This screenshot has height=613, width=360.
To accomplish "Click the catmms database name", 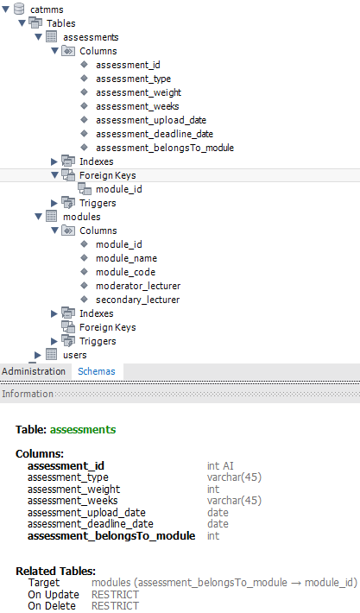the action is tap(47, 9).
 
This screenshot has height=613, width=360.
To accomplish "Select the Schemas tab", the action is tap(97, 371).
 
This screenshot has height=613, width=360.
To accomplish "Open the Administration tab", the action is tap(34, 371).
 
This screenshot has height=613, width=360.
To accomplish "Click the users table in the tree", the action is tap(74, 355).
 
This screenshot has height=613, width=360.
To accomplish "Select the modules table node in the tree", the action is tap(82, 217).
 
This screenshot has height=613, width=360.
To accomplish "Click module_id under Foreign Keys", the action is tap(119, 189).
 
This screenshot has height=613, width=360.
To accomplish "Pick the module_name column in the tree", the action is tap(126, 258).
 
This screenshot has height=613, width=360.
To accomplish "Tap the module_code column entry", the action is tap(125, 272).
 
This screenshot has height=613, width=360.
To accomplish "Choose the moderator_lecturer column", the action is tap(138, 286).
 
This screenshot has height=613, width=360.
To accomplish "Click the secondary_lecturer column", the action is tap(137, 300).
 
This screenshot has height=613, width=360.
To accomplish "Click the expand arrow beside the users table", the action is tap(37, 355).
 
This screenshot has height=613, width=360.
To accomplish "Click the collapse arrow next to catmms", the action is tap(5, 9).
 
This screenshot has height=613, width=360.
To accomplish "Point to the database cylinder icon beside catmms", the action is tap(19, 9).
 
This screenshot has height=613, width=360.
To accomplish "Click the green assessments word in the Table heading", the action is tap(83, 430).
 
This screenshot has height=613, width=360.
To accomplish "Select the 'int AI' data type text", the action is tap(220, 465).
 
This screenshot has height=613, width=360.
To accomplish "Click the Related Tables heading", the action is tap(55, 572).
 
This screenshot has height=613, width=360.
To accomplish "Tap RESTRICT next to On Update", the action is tap(115, 595).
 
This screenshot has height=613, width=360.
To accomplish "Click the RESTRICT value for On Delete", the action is tap(115, 606).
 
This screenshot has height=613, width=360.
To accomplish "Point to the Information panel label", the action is tap(28, 394).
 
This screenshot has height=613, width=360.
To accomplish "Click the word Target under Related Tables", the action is tap(44, 583).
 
